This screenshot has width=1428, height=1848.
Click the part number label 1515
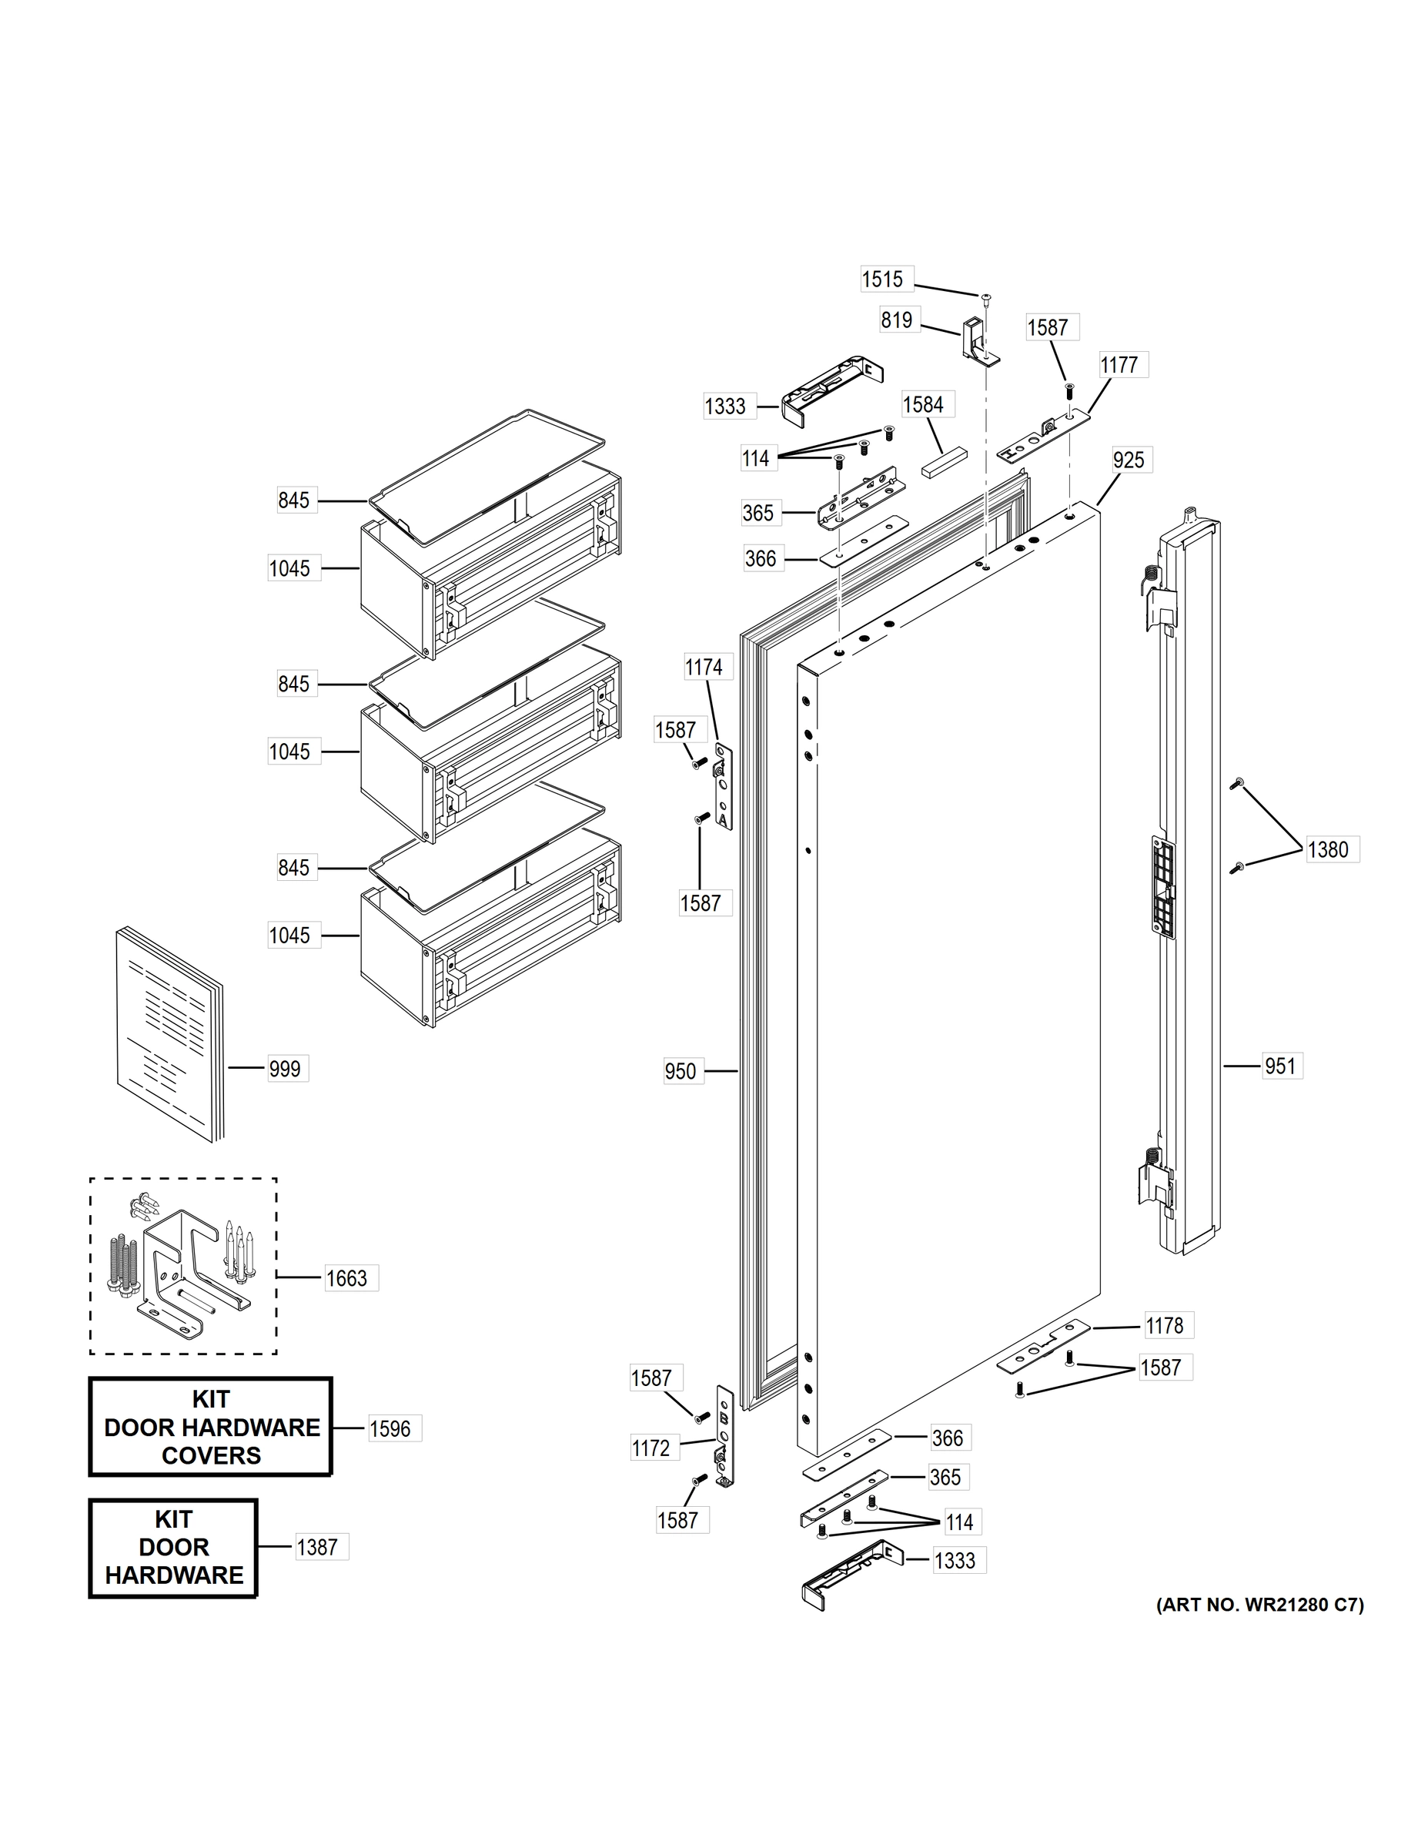click(882, 280)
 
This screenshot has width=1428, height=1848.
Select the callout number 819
click(897, 320)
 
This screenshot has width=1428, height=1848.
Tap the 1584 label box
click(923, 404)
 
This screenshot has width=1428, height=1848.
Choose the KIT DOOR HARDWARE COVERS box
click(211, 1428)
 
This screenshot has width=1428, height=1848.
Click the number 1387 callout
click(317, 1548)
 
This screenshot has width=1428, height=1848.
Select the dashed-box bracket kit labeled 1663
click(182, 1266)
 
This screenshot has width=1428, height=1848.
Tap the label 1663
click(347, 1278)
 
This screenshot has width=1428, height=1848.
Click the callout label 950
click(681, 1072)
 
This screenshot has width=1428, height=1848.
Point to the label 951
click(1280, 1066)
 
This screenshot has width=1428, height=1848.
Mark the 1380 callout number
click(1328, 849)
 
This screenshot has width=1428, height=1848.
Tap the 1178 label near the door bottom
click(1164, 1326)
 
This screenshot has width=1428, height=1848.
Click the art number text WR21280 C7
click(1259, 1605)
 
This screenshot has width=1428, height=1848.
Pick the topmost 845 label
click(293, 501)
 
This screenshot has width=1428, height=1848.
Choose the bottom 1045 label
click(289, 936)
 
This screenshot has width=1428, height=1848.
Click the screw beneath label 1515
click(985, 298)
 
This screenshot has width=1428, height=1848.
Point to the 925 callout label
click(1129, 460)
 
